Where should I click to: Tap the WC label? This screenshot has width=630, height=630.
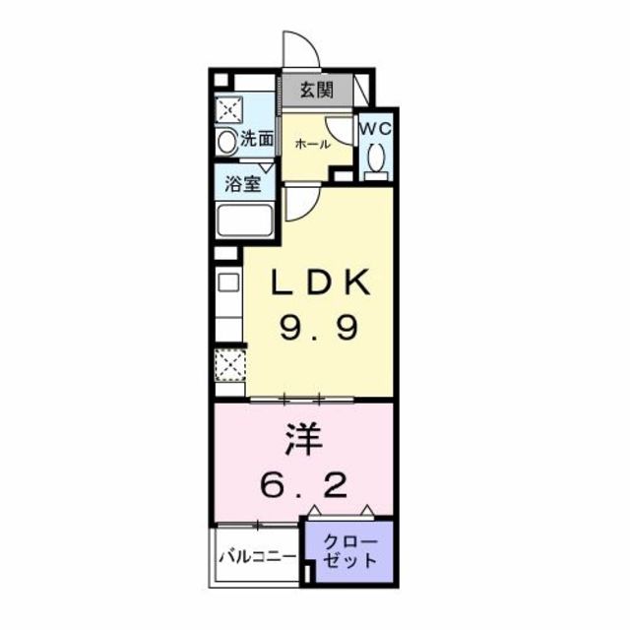(x=374, y=129)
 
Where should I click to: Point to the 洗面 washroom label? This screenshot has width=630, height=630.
(x=257, y=140)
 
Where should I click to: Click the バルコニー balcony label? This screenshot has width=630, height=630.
(x=255, y=556)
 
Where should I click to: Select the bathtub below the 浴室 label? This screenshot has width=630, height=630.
(x=244, y=221)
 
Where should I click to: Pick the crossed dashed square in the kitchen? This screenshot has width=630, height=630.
(x=228, y=365)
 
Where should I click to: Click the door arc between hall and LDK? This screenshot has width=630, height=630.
(x=301, y=202)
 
